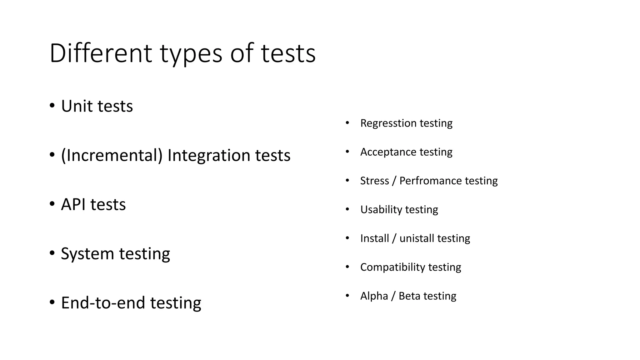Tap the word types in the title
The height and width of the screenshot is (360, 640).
pyautogui.click(x=191, y=54)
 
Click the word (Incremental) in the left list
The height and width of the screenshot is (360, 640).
pyautogui.click(x=112, y=155)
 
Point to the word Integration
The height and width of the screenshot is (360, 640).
pyautogui.click(x=209, y=155)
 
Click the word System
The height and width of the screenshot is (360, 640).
pyautogui.click(x=87, y=254)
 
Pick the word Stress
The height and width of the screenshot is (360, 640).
pyautogui.click(x=374, y=181)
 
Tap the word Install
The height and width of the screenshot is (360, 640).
pyautogui.click(x=374, y=238)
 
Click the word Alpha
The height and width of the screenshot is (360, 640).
pyautogui.click(x=374, y=296)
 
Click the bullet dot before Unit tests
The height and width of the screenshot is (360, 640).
pyautogui.click(x=52, y=105)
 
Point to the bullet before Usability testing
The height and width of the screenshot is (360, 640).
pyautogui.click(x=347, y=209)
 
